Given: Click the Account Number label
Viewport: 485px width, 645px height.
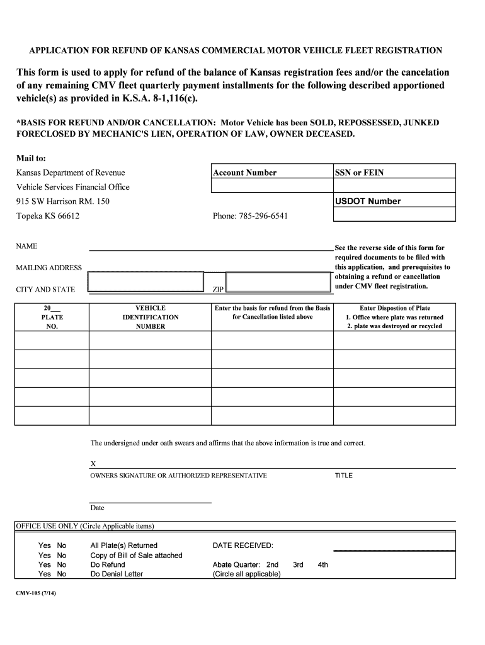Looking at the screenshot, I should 245,173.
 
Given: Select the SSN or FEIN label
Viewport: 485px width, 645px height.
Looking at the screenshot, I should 360,173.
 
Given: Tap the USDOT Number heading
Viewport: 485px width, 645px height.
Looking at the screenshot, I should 368,202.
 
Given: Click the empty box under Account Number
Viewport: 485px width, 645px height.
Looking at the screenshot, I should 271,186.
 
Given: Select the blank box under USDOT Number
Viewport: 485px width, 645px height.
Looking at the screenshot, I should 394,215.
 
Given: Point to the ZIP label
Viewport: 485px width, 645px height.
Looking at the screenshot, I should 218,290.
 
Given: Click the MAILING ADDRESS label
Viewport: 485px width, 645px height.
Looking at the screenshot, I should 48,268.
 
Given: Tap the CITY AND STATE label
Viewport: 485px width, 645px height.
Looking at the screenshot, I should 45,290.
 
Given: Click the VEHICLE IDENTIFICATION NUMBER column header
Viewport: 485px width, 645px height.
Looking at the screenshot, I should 151,317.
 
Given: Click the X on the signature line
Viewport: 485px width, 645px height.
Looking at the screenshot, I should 93,464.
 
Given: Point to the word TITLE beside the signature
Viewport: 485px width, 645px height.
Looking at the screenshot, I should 344,476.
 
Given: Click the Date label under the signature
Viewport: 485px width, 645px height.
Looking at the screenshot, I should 98,508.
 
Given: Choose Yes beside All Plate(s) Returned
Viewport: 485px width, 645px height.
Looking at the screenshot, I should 45,545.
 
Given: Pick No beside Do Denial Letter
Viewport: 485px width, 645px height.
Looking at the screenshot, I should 62,574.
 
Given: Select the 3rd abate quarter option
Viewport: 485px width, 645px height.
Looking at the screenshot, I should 298,565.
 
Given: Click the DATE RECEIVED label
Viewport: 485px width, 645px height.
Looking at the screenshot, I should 243,545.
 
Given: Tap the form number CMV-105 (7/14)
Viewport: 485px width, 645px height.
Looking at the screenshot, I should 37,594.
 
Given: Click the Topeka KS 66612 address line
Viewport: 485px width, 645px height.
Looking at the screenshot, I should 48,216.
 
